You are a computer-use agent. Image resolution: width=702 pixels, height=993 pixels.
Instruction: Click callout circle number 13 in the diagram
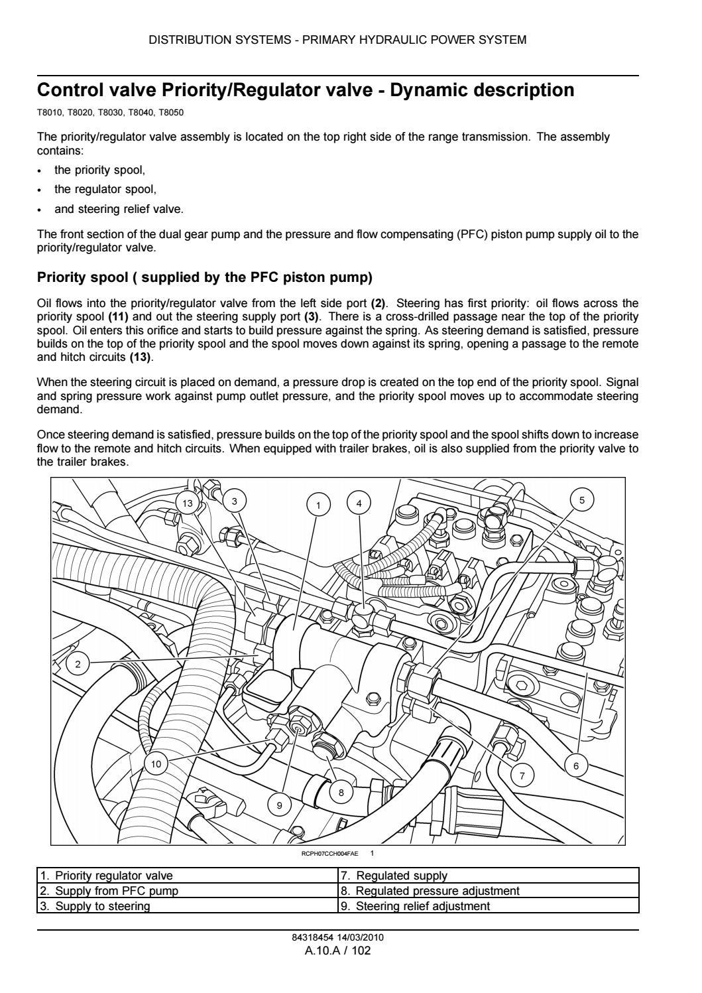point(188,503)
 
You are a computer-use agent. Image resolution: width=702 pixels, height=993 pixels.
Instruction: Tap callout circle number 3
point(233,501)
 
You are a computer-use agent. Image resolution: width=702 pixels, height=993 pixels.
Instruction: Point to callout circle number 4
point(359,503)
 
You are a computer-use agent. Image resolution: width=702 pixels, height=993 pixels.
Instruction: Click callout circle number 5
point(582,500)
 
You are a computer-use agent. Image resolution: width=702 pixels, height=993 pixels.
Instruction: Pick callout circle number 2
point(78,664)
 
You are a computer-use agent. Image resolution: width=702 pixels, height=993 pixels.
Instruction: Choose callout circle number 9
point(279,805)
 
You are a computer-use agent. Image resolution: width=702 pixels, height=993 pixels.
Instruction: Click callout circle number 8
point(341,792)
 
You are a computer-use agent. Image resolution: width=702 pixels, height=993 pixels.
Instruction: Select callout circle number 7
point(522,775)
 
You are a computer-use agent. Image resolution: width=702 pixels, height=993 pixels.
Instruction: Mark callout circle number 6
point(576,766)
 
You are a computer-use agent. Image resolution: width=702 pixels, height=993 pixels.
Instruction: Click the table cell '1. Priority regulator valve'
point(188,876)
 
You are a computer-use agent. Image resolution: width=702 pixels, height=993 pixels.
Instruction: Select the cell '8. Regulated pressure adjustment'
point(489,891)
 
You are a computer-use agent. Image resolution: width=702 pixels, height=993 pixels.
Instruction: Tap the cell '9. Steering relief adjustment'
point(489,905)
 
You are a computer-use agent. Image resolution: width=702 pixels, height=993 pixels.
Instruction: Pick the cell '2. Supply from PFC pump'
point(188,891)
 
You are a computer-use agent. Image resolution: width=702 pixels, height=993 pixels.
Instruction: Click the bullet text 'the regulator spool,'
point(105,189)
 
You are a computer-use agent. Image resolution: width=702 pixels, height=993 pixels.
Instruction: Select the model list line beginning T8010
point(110,113)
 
